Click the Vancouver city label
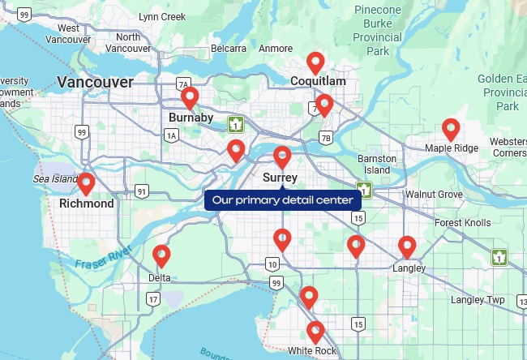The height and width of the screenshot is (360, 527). [x=95, y=82]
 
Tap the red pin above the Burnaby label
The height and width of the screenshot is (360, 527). [x=190, y=97]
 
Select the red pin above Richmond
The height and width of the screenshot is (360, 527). [x=85, y=183]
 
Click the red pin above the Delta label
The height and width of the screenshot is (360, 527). [x=161, y=255]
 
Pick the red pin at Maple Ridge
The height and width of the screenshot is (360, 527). [x=451, y=128]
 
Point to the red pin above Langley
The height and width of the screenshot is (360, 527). [x=407, y=246]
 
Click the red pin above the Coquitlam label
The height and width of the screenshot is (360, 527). [x=315, y=62]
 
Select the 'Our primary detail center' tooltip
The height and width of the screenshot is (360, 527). [x=282, y=199]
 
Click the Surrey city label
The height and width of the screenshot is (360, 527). [x=281, y=178]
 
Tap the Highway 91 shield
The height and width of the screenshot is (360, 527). [x=142, y=191]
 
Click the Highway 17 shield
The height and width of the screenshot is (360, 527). [x=153, y=299]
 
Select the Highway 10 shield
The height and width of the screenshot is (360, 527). [x=272, y=264]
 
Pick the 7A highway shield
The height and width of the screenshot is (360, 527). [x=183, y=84]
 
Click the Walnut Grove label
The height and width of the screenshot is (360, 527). [x=434, y=195]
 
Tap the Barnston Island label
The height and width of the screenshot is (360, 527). [x=377, y=164]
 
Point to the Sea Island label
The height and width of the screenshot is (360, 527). [x=54, y=178]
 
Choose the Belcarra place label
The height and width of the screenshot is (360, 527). [x=229, y=49]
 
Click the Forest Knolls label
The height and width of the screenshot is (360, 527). [x=462, y=223]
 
